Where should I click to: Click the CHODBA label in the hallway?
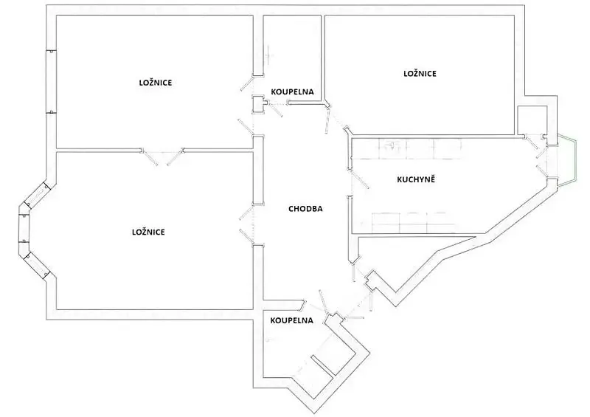[x=305, y=209]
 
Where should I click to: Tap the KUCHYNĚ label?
[x=416, y=179]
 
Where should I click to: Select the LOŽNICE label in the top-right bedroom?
[x=420, y=74]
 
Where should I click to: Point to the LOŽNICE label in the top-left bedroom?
[x=156, y=83]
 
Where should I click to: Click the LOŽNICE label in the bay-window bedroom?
[x=148, y=232]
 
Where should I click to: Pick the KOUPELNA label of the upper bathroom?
[x=292, y=92]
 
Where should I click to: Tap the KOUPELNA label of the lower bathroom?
[x=291, y=320]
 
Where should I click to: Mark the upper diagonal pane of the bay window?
[x=36, y=195]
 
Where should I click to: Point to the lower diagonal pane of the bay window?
[x=37, y=266]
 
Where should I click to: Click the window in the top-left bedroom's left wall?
[x=51, y=81]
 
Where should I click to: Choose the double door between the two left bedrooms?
[x=162, y=156]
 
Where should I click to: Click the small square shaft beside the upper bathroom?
[x=258, y=104]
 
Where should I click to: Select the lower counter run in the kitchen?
[x=413, y=223]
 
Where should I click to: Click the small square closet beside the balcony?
[x=532, y=120]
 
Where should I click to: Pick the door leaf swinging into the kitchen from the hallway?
[x=361, y=179]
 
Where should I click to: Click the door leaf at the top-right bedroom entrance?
[x=327, y=120]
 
